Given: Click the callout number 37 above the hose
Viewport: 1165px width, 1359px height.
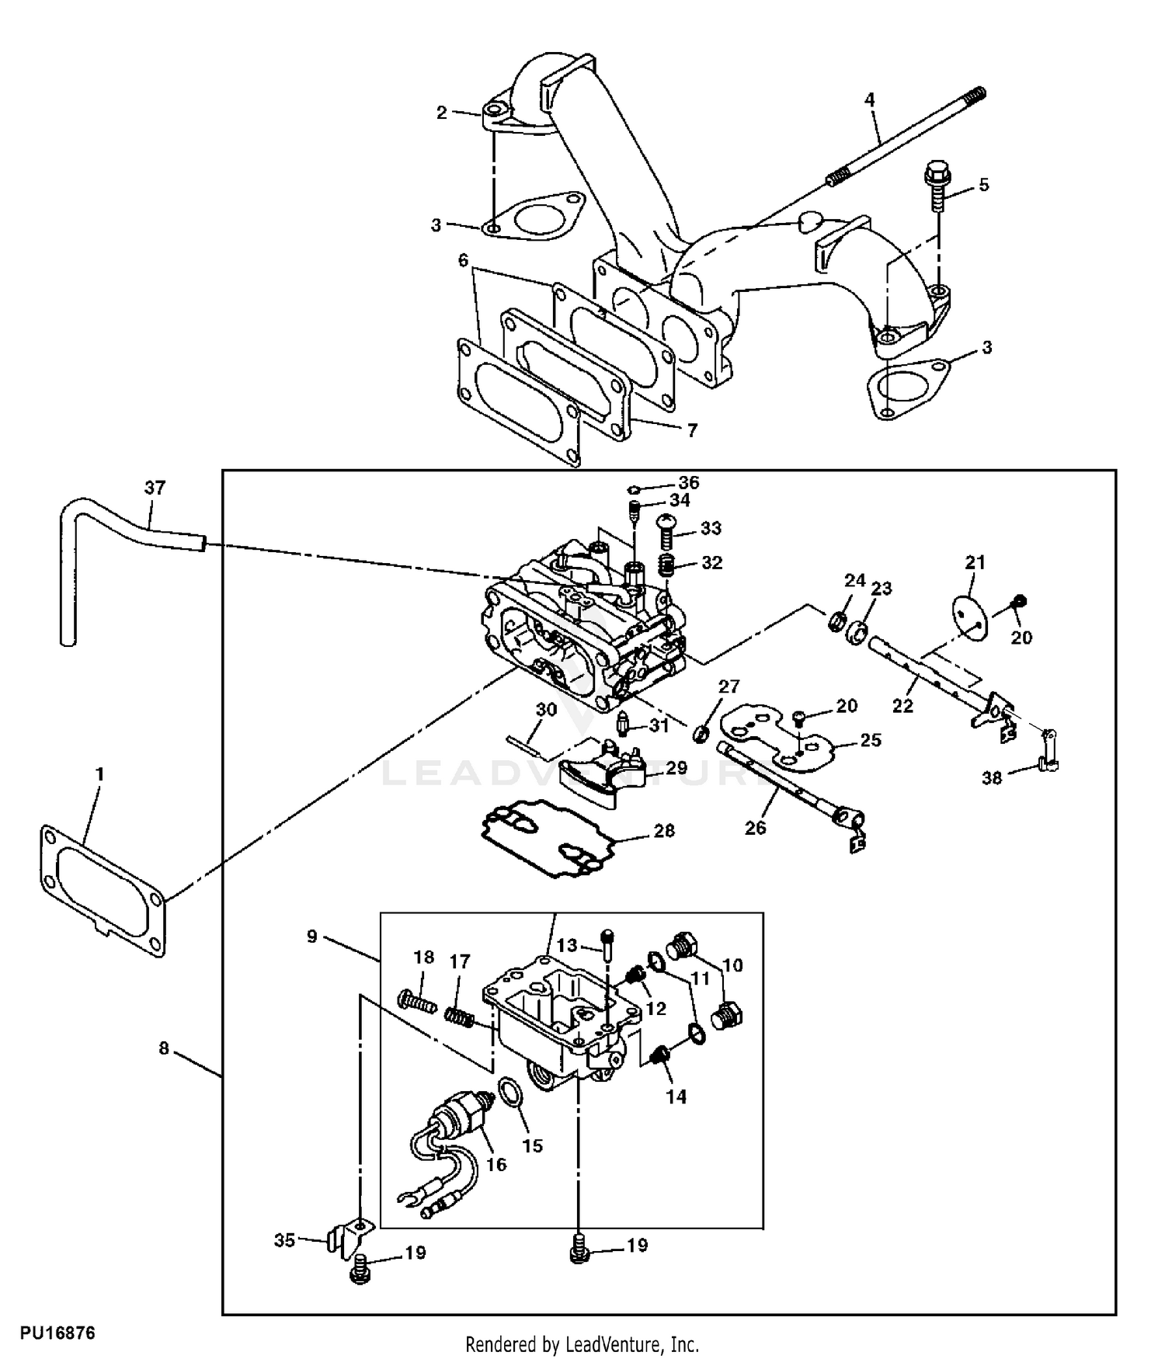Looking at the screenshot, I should coord(155,488).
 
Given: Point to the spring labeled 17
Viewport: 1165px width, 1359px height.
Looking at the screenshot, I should coord(459,1016).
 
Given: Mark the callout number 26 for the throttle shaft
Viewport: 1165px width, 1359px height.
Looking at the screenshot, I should coord(755,828).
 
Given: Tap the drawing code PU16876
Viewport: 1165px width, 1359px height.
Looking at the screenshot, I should coord(58,1333).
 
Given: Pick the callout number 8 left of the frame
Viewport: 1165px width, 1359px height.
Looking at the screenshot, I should coord(164,1048).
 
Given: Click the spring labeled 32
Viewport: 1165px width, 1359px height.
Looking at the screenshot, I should coord(666,565).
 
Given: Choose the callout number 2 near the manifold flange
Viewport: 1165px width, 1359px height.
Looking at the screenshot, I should coord(441,113).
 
